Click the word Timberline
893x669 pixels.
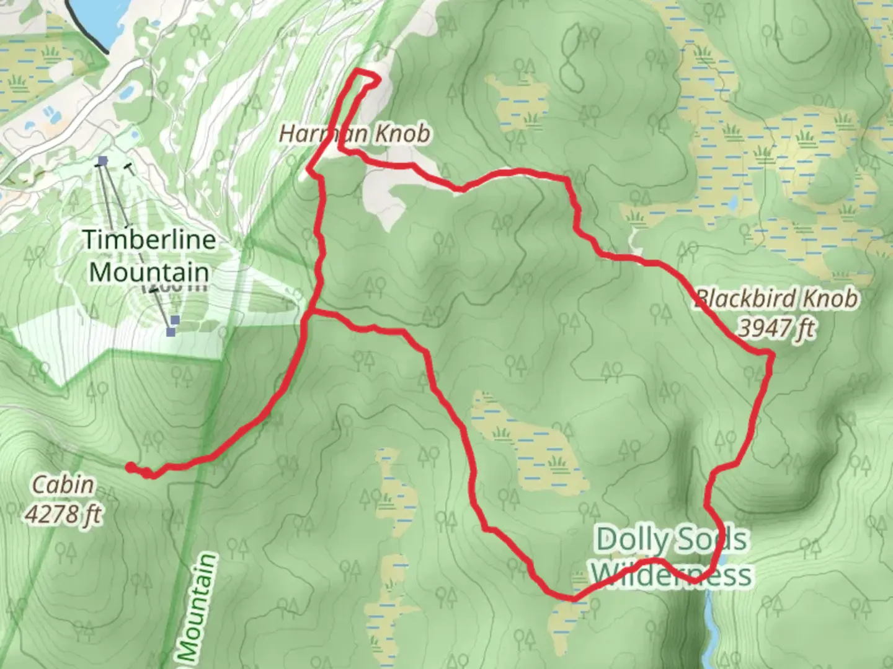tap(149, 240)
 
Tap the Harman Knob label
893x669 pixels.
tap(354, 133)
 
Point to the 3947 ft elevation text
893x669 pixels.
tap(776, 328)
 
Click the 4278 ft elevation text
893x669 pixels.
tap(63, 514)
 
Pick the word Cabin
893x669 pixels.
tap(63, 484)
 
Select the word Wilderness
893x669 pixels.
tap(671, 574)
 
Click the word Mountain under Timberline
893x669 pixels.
tap(149, 272)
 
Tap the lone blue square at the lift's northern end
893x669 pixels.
tap(102, 162)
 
